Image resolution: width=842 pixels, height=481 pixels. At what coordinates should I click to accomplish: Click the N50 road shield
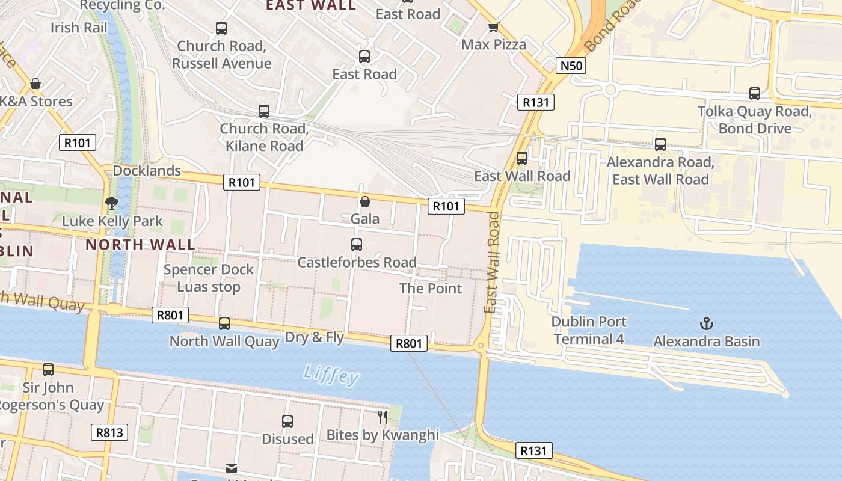[x=570, y=66]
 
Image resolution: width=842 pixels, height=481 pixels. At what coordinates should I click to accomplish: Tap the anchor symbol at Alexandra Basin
[x=707, y=324]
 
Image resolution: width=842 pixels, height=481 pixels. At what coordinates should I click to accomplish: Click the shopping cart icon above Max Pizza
[x=493, y=27]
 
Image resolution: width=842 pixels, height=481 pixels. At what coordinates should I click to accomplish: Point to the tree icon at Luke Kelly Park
[x=111, y=203]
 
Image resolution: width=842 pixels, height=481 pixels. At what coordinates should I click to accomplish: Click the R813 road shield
[x=109, y=432]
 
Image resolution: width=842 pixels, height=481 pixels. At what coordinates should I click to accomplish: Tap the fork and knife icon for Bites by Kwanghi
[x=383, y=417]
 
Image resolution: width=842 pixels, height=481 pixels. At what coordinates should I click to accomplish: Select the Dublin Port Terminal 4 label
[x=589, y=330]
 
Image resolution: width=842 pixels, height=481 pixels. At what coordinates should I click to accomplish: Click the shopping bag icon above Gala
[x=364, y=201]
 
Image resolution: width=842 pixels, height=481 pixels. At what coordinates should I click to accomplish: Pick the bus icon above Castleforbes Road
[x=357, y=244]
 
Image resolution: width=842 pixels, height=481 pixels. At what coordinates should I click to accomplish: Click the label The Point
[x=431, y=288]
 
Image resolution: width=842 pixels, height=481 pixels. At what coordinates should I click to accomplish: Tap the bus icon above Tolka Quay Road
[x=755, y=93]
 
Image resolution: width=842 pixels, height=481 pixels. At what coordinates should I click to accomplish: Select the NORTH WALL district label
[x=140, y=245]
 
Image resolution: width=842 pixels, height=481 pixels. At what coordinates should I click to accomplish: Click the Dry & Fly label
[x=315, y=337]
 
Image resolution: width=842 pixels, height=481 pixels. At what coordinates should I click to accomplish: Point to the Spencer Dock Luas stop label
[x=209, y=278]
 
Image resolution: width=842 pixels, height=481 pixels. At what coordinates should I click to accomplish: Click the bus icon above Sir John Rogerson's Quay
[x=48, y=369]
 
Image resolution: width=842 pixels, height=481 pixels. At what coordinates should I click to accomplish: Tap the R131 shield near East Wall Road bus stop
[x=535, y=102]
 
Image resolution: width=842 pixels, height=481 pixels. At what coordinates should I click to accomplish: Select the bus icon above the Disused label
[x=287, y=421]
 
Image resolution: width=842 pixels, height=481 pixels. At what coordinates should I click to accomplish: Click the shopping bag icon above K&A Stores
[x=35, y=83]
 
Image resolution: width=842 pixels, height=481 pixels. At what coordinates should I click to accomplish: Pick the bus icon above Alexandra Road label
[x=660, y=144]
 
